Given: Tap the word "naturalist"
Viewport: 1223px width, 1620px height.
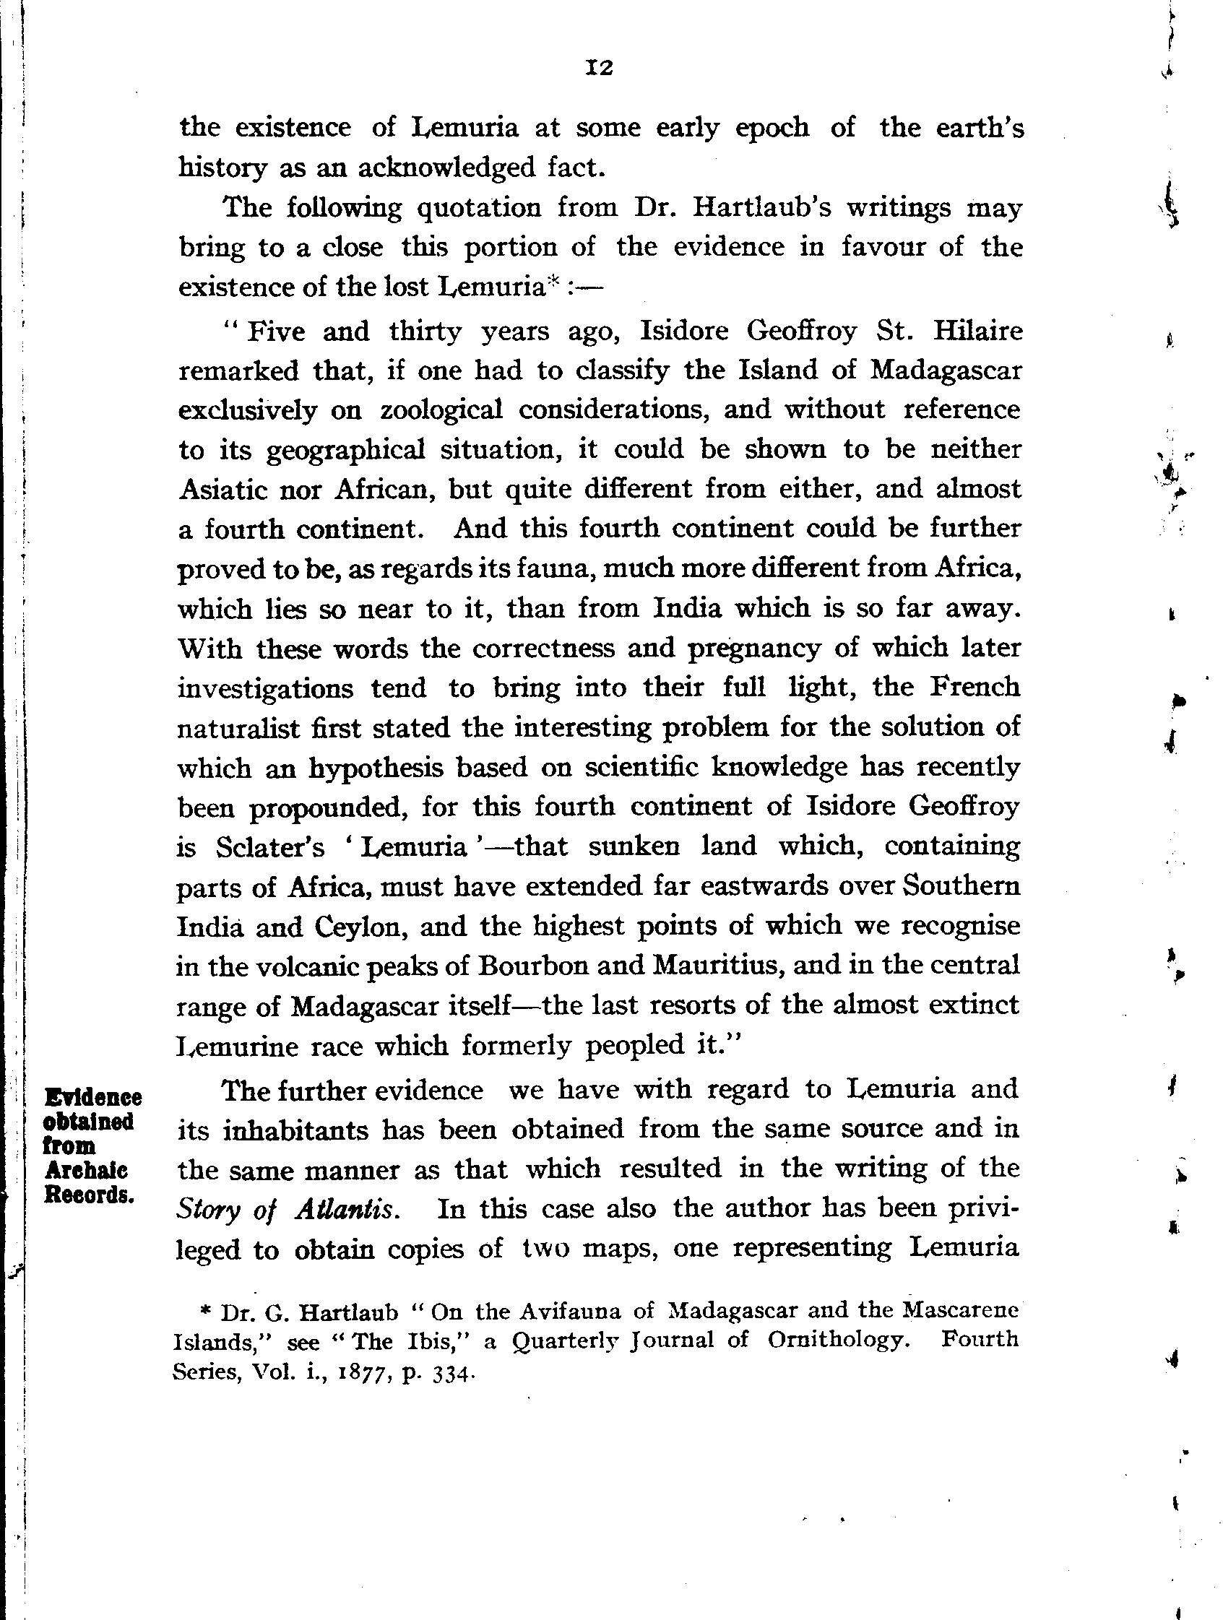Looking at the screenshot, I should tap(238, 728).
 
